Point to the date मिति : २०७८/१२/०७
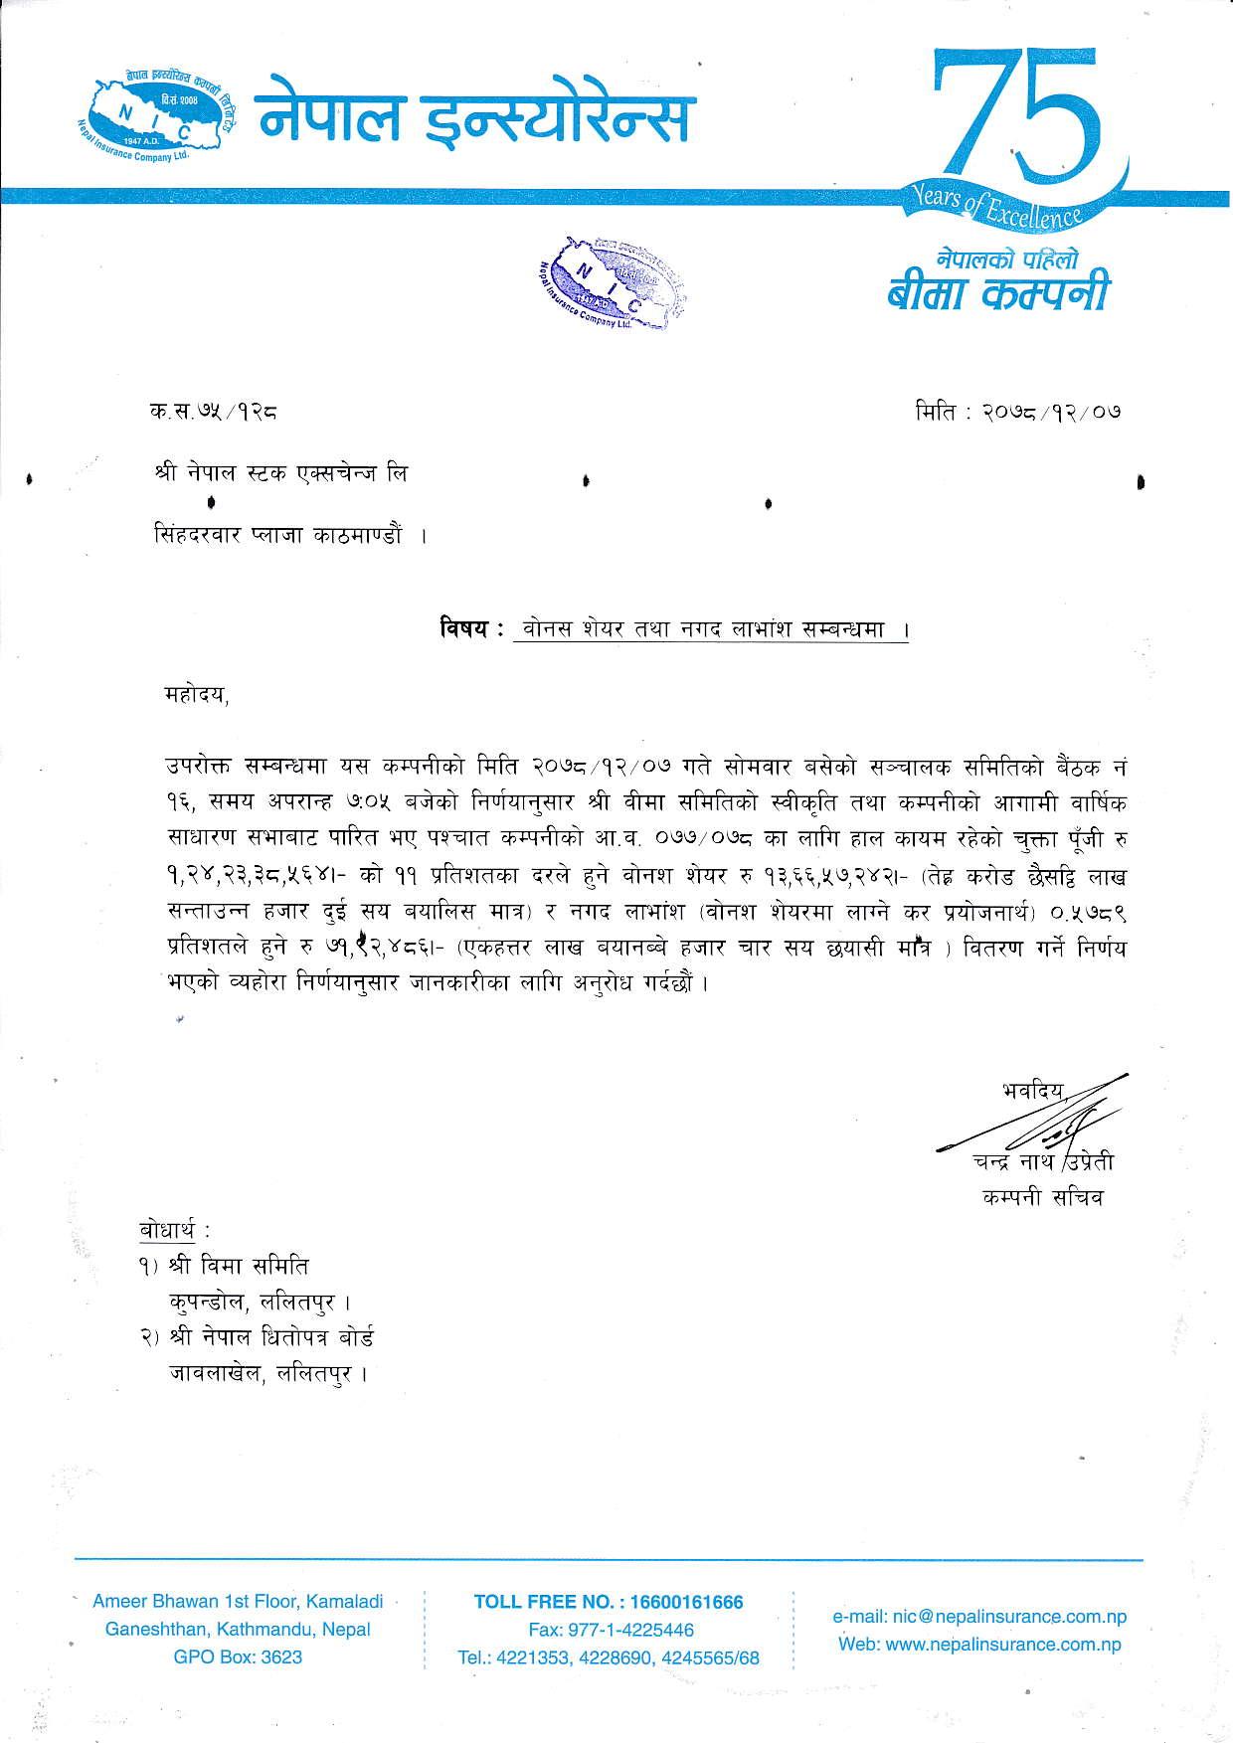[x=1018, y=410]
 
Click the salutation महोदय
[x=197, y=695]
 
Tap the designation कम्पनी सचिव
[x=1041, y=1197]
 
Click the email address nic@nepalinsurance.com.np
[x=978, y=1618]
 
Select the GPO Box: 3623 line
[x=238, y=1657]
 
